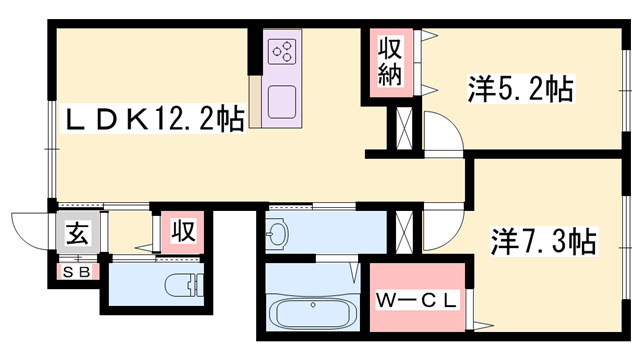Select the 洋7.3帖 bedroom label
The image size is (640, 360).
543,241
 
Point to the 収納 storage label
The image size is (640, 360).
391,63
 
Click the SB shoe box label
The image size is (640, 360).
76,271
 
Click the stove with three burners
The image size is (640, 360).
282,51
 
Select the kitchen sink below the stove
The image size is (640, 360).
282,102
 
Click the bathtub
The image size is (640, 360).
314,314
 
